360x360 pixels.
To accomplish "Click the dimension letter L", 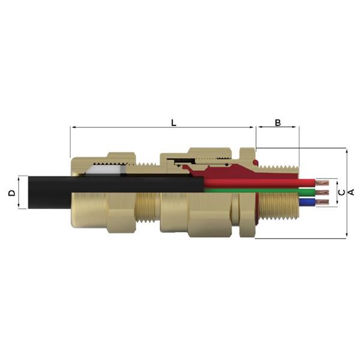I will coord(173,122).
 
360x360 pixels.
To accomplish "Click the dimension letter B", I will coord(278,122).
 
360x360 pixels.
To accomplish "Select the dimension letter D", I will coord(11,193).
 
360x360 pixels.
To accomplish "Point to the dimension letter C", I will coord(341,193).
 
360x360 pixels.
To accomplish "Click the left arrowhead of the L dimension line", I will coord(73,127).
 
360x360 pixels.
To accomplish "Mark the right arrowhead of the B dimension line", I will coord(297,127).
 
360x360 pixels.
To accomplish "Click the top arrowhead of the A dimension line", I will coord(347,150).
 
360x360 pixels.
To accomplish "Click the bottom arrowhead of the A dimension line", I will coord(347,236).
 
